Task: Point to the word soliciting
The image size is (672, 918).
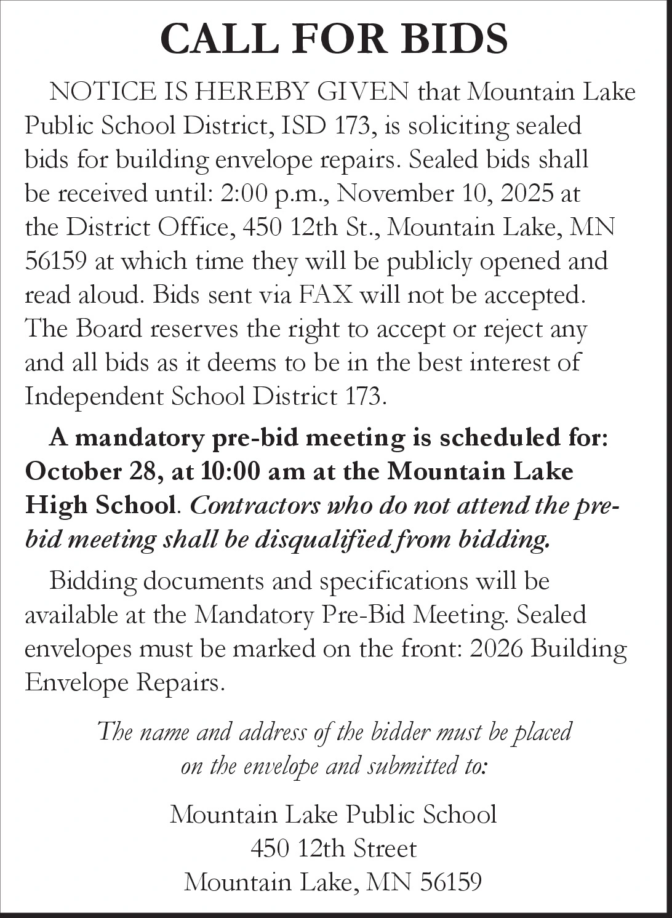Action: click(460, 126)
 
